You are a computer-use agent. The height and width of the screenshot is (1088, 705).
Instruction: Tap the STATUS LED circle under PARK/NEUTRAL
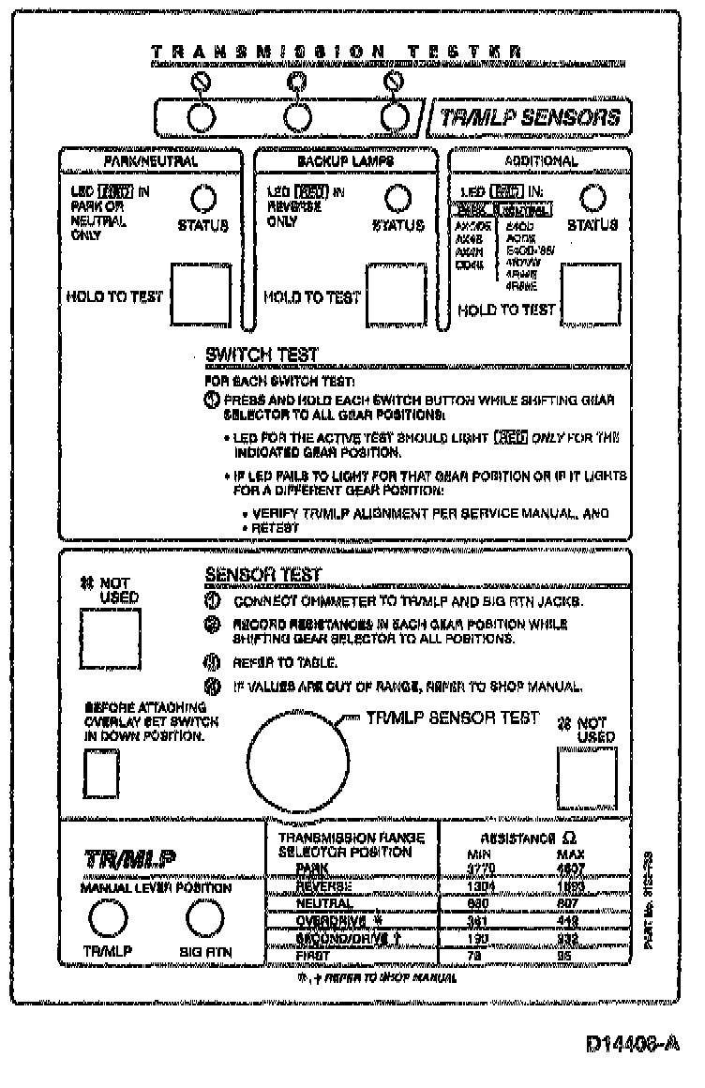(203, 198)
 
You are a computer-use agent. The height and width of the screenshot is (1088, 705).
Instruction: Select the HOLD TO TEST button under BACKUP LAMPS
(395, 294)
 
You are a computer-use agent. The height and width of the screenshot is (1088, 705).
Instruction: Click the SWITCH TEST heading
(262, 355)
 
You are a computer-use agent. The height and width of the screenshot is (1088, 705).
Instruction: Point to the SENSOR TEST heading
(262, 575)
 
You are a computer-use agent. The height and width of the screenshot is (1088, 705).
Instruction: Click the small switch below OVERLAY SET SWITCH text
(102, 774)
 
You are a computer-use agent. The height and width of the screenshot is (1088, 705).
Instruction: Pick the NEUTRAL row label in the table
(324, 903)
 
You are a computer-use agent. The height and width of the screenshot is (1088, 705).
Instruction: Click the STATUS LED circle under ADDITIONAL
(592, 198)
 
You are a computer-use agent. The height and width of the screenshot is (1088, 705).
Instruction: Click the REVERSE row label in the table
(324, 885)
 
